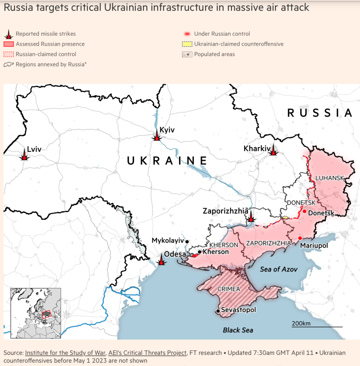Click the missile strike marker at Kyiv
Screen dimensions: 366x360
(156, 136)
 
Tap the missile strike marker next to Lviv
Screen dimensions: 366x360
(24, 155)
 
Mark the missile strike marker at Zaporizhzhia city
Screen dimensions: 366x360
(251, 217)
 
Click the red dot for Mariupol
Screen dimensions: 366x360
(300, 238)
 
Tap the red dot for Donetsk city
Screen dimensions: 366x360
(304, 212)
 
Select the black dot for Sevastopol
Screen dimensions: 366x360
(218, 311)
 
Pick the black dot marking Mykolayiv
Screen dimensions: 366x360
(187, 242)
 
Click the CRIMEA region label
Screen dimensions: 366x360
(229, 289)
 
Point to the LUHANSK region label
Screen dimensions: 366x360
(329, 178)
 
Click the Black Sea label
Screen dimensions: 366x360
(238, 330)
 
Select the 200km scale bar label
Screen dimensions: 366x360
(301, 323)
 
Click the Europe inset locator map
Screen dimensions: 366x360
(36, 313)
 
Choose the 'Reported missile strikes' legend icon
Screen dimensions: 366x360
(9, 34)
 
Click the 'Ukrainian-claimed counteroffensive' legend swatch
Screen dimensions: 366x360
(187, 44)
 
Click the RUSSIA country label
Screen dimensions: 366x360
(320, 113)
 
